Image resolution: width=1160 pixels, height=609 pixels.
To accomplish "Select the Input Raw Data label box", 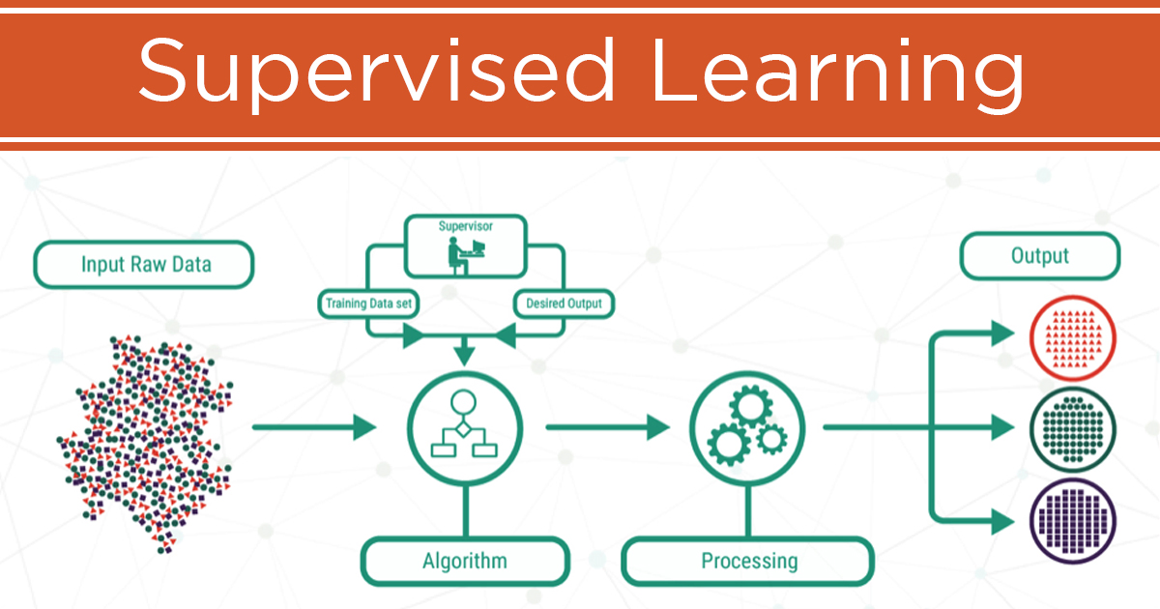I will pos(144,264).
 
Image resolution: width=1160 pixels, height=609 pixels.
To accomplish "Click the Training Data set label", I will pos(367,304).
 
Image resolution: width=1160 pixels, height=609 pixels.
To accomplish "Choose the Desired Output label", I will pos(564,304).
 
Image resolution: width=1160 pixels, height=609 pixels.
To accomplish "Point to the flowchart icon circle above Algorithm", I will pos(465,425).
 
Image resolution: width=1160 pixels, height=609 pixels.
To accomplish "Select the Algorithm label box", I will pos(464,561).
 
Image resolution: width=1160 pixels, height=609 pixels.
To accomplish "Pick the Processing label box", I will pos(748,561).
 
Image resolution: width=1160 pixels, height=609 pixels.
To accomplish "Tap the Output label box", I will pos(1039,256).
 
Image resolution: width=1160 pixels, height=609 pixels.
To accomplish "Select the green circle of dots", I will pos(1073,425).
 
